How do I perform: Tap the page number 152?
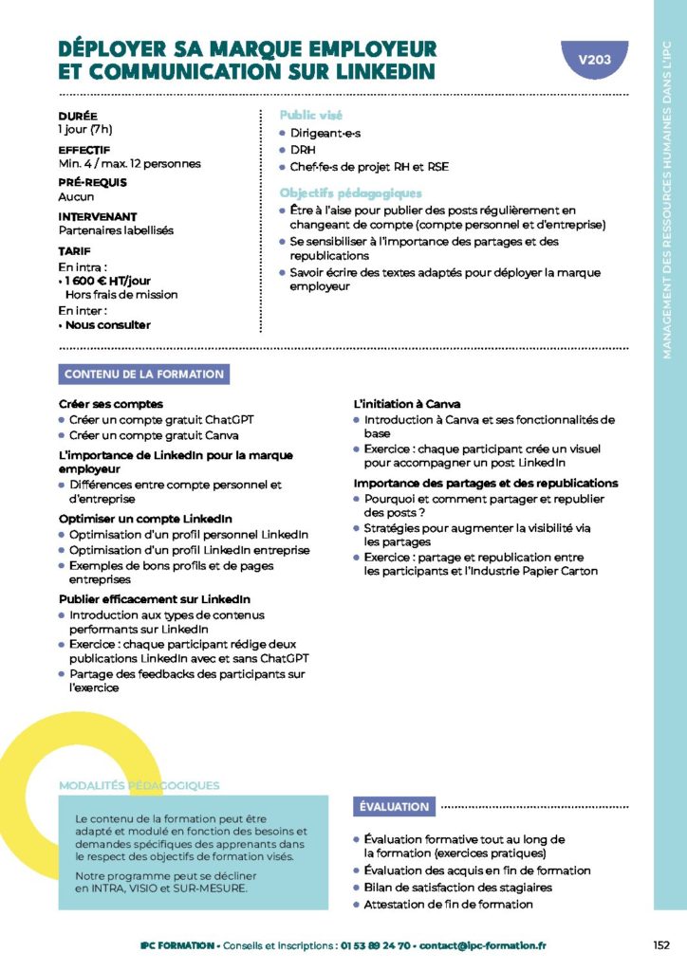pos(661,944)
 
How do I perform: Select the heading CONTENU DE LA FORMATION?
pos(144,374)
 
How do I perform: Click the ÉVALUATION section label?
pos(394,806)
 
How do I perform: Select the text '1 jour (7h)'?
pos(85,129)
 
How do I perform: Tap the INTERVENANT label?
pos(98,217)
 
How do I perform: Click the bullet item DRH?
pos(303,150)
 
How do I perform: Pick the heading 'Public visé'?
pos(311,115)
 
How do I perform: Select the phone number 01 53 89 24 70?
pos(378,945)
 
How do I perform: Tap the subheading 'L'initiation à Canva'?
pos(407,404)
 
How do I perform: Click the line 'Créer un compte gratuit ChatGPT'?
pos(161,419)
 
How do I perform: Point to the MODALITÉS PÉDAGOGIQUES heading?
pos(139,785)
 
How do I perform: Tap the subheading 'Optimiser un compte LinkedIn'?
pos(145,519)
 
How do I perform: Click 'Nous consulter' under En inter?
pos(107,324)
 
